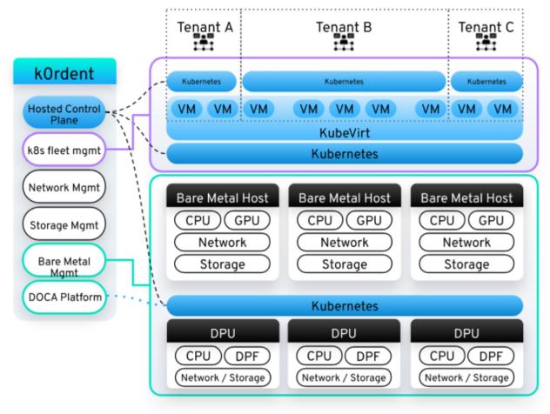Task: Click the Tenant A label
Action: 205,26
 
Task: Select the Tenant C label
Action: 486,26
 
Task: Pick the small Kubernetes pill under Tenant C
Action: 486,81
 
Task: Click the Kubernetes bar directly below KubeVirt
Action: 345,154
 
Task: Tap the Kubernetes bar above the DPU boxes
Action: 345,306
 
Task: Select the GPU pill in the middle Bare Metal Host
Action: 370,221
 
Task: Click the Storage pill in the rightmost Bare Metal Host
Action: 466,264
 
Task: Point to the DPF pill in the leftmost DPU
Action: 247,356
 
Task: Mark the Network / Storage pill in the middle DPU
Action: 345,377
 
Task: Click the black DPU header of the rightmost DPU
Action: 466,332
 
